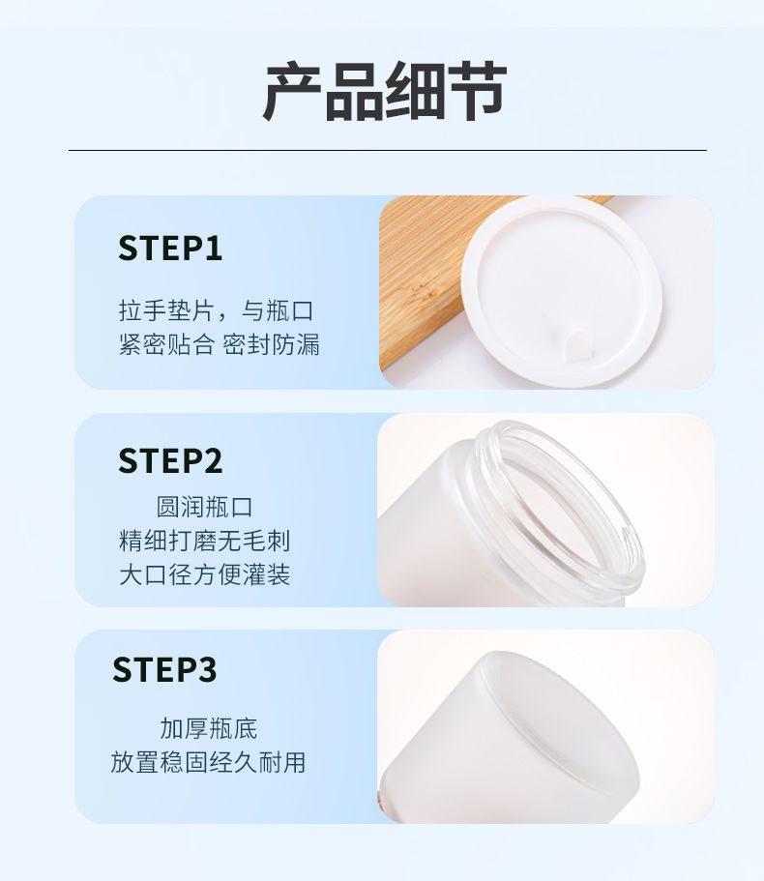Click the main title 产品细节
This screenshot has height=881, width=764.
point(385,91)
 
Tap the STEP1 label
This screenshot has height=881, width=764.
point(170,248)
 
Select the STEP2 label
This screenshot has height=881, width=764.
point(170,460)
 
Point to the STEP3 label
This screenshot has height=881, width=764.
point(164,669)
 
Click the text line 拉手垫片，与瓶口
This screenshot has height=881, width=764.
point(217,310)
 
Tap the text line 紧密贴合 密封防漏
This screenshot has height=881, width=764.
point(220,344)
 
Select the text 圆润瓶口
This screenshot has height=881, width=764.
point(204,507)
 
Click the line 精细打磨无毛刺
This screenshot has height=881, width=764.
point(204,541)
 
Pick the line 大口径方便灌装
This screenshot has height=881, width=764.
point(204,574)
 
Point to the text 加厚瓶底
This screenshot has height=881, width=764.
point(209,728)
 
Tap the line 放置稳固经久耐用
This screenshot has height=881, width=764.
point(208,762)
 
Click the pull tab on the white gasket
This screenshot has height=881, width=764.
point(577,344)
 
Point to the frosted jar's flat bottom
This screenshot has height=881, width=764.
point(562,724)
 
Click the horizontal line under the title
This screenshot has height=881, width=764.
point(388,150)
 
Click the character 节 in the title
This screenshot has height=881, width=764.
point(478,91)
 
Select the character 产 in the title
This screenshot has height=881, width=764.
point(293,91)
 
